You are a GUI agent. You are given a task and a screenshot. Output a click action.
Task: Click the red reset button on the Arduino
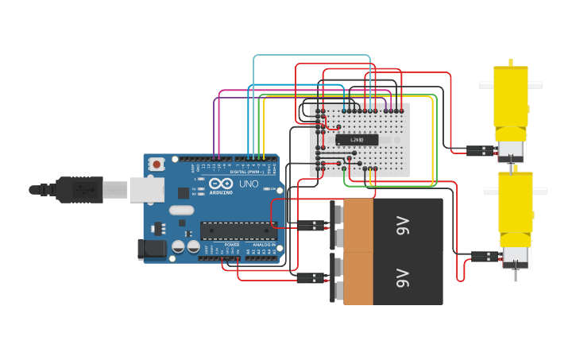pyautogui.click(x=157, y=165)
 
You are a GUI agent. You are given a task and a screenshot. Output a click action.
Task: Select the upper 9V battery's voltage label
pyautogui.click(x=402, y=225)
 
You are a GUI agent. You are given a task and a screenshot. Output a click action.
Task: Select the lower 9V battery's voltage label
pyautogui.click(x=402, y=278)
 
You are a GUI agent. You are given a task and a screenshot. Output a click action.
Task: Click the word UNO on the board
pyautogui.click(x=249, y=184)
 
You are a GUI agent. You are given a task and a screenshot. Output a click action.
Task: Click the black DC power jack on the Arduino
pyautogui.click(x=152, y=250)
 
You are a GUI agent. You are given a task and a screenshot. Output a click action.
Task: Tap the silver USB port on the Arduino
pyautogui.click(x=147, y=189)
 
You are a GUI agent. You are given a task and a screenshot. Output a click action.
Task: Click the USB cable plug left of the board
pyautogui.click(x=79, y=189)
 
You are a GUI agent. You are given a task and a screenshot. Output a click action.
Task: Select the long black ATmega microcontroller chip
pyautogui.click(x=238, y=230)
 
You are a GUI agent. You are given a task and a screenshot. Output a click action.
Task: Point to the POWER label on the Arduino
pyautogui.click(x=232, y=244)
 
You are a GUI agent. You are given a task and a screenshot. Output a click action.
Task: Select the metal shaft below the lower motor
pyautogui.click(x=515, y=274)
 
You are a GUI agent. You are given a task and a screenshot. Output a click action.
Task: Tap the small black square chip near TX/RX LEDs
pyautogui.click(x=184, y=193)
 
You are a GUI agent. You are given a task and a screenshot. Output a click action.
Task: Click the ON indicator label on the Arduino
pyautogui.click(x=272, y=188)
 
